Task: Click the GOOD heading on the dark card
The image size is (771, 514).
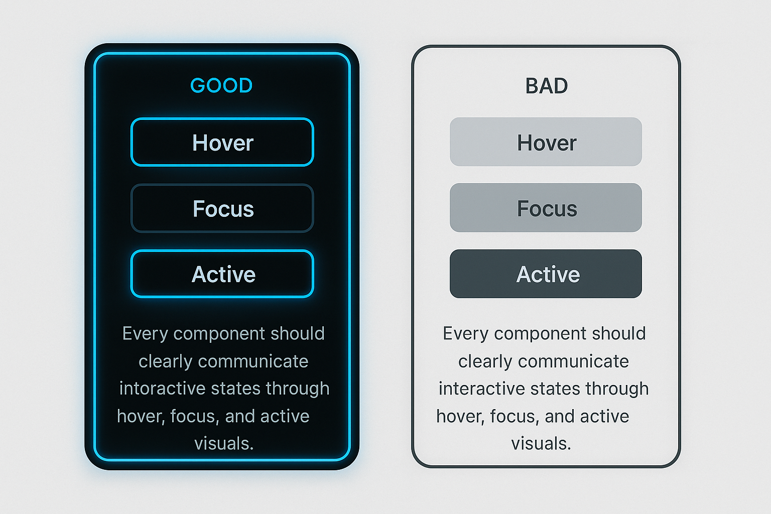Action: tap(221, 85)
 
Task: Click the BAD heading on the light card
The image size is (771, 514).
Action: tap(546, 86)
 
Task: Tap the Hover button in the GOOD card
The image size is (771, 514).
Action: tap(222, 142)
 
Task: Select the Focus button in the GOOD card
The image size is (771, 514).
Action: tap(222, 208)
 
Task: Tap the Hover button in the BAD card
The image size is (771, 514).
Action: tap(546, 142)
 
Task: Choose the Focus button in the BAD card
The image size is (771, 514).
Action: tap(546, 208)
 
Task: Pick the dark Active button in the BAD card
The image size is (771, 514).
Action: tap(546, 274)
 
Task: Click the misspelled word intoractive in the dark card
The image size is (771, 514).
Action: tap(162, 389)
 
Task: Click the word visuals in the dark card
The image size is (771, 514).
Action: tap(224, 443)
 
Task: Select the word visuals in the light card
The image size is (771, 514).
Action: tap(541, 443)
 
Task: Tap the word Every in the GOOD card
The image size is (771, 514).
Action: tap(145, 334)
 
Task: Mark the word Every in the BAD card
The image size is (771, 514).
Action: tap(465, 334)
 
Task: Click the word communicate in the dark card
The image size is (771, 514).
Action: tap(253, 361)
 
